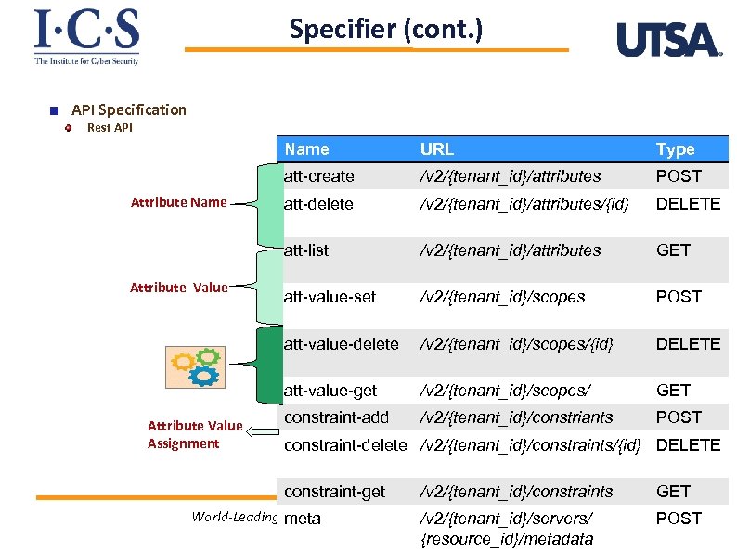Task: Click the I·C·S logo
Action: [86, 36]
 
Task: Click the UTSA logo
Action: [668, 40]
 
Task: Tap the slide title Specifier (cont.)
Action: [385, 30]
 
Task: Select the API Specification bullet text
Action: [128, 109]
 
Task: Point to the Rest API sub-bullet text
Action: [110, 128]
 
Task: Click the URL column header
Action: [437, 148]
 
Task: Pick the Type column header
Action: [675, 148]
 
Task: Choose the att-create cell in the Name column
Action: [319, 175]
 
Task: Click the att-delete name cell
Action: [318, 203]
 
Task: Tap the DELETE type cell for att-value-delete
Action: [688, 343]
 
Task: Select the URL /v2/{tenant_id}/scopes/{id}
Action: [517, 343]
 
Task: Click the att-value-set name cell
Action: [330, 297]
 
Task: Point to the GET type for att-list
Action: [674, 250]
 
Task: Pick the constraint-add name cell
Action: [336, 417]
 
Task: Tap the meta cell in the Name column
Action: [303, 519]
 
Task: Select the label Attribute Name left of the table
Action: [178, 202]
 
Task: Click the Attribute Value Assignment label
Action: [195, 434]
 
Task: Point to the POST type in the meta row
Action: [679, 519]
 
